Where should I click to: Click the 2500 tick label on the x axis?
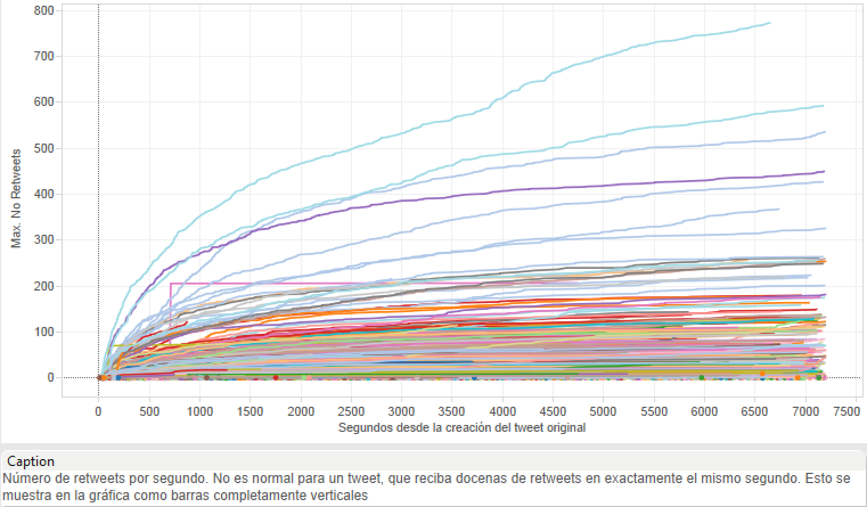(351, 411)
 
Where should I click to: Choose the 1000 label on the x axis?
(200, 411)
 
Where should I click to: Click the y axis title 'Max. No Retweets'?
(17, 198)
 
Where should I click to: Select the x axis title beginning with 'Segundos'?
(461, 427)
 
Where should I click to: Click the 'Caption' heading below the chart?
(31, 461)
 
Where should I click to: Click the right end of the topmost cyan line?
(770, 23)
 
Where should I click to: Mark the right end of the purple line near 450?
(824, 171)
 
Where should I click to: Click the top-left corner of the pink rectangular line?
(171, 283)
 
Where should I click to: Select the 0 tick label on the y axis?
(51, 378)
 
